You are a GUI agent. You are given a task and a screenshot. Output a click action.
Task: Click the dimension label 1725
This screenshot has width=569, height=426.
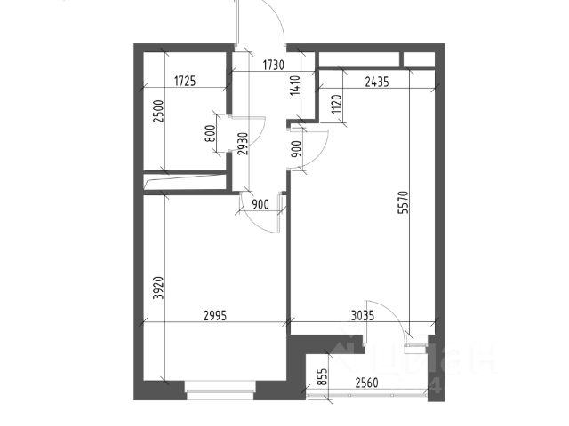coord(184,82)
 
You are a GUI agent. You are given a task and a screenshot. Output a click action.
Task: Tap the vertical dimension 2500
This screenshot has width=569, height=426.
coord(158,115)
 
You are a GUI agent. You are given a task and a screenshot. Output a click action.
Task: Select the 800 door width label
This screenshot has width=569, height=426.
coord(210,134)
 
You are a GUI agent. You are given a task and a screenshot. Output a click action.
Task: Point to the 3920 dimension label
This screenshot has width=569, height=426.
coord(157,288)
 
